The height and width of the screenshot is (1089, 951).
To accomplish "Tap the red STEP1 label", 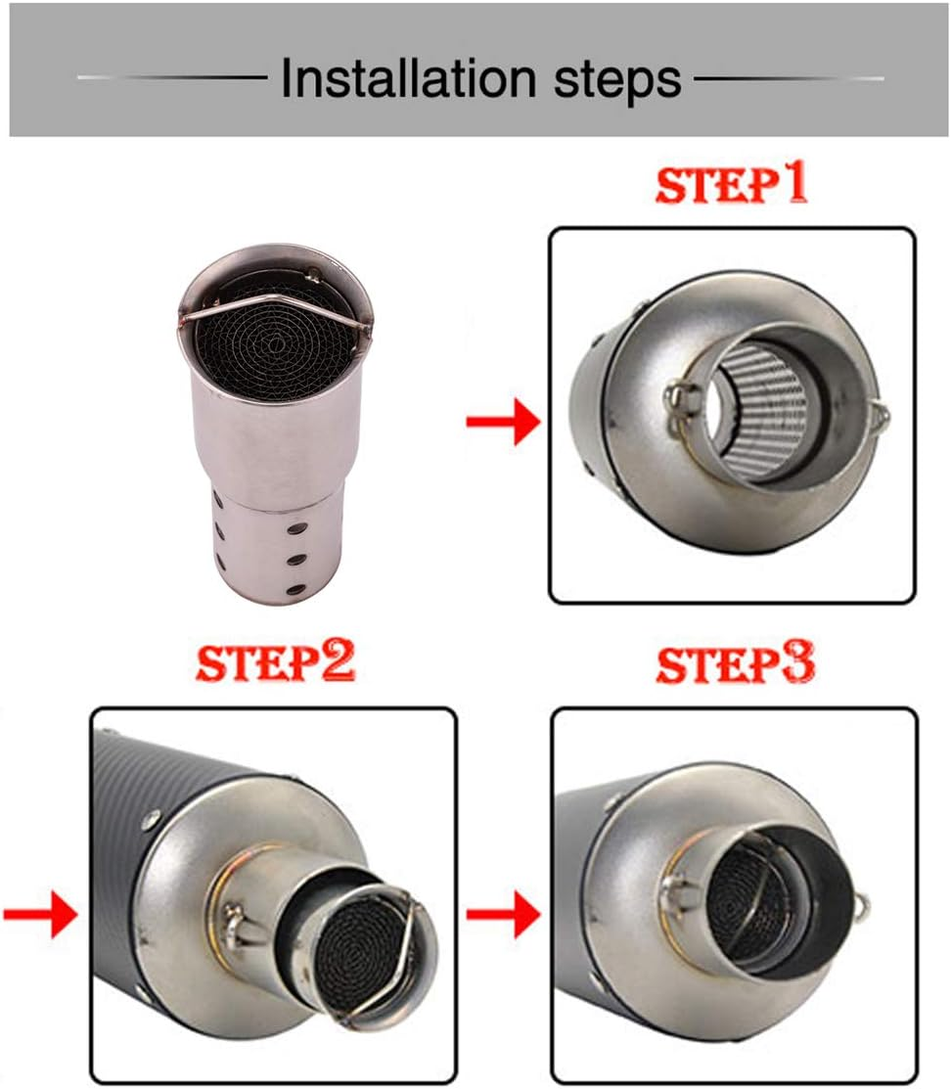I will pos(732,185).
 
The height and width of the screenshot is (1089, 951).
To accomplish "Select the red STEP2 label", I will pos(275,663).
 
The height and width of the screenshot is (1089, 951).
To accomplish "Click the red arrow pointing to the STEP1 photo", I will pos(503,424).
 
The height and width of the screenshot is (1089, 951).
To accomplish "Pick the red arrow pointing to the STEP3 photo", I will pos(503,916).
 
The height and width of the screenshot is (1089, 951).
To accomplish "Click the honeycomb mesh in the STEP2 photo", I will pos(371,940).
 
